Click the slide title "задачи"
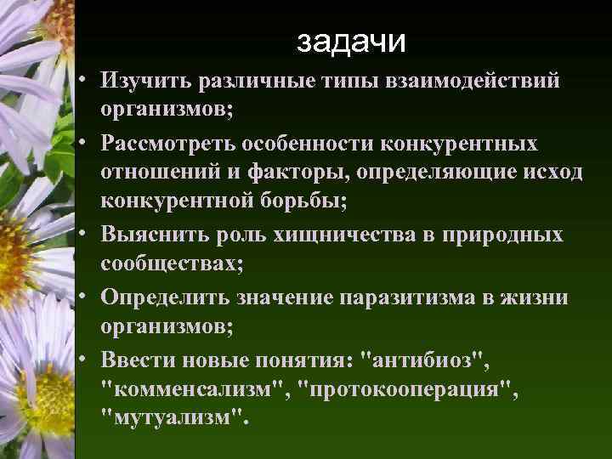353,40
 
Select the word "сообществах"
170,263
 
